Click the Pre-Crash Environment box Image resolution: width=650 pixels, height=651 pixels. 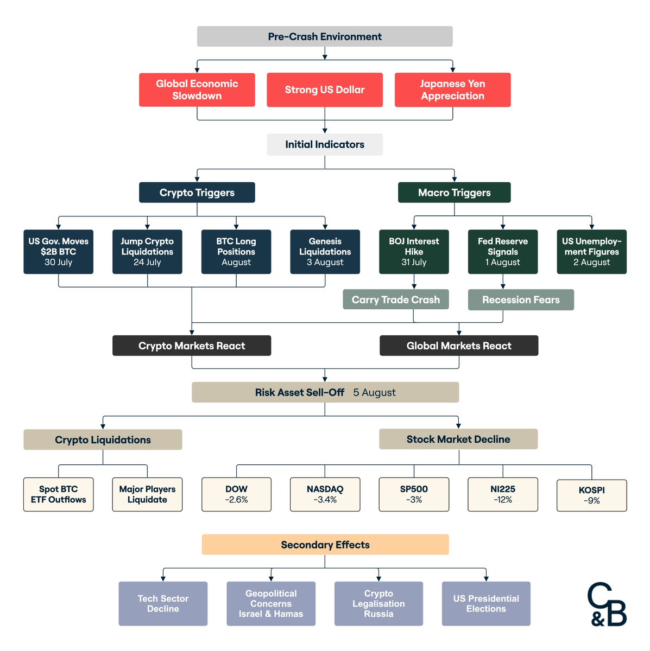pyautogui.click(x=325, y=36)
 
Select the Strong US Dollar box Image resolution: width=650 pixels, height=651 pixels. pyautogui.click(x=325, y=90)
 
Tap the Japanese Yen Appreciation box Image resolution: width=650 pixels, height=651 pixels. pyautogui.click(x=452, y=90)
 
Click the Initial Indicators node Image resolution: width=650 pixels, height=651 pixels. pyautogui.click(x=325, y=144)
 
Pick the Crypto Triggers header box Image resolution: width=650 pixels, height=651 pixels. pyautogui.click(x=197, y=193)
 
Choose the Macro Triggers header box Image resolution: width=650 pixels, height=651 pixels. pyautogui.click(x=454, y=193)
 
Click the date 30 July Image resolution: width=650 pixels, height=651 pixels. pyautogui.click(x=58, y=262)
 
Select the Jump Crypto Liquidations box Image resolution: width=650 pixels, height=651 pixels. pyautogui.click(x=147, y=252)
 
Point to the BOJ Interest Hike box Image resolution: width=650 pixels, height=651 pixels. pyautogui.click(x=414, y=252)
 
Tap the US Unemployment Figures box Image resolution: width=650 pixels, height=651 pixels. pyautogui.click(x=591, y=252)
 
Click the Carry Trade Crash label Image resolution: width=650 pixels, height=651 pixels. pyautogui.click(x=395, y=299)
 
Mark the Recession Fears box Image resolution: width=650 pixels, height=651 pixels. pyautogui.click(x=521, y=299)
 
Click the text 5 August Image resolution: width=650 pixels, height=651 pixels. pyautogui.click(x=374, y=392)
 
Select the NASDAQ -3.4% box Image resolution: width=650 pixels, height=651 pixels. pyautogui.click(x=325, y=494)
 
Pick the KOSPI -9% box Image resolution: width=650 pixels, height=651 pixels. pyautogui.click(x=591, y=495)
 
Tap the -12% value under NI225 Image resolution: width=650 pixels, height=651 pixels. pyautogui.click(x=503, y=500)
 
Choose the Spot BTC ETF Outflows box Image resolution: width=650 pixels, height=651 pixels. pyautogui.click(x=58, y=494)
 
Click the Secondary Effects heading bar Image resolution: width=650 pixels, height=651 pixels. pyautogui.click(x=325, y=545)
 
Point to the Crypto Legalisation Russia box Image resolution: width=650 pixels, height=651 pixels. pyautogui.click(x=378, y=604)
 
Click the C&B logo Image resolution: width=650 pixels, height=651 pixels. pyautogui.click(x=607, y=605)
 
